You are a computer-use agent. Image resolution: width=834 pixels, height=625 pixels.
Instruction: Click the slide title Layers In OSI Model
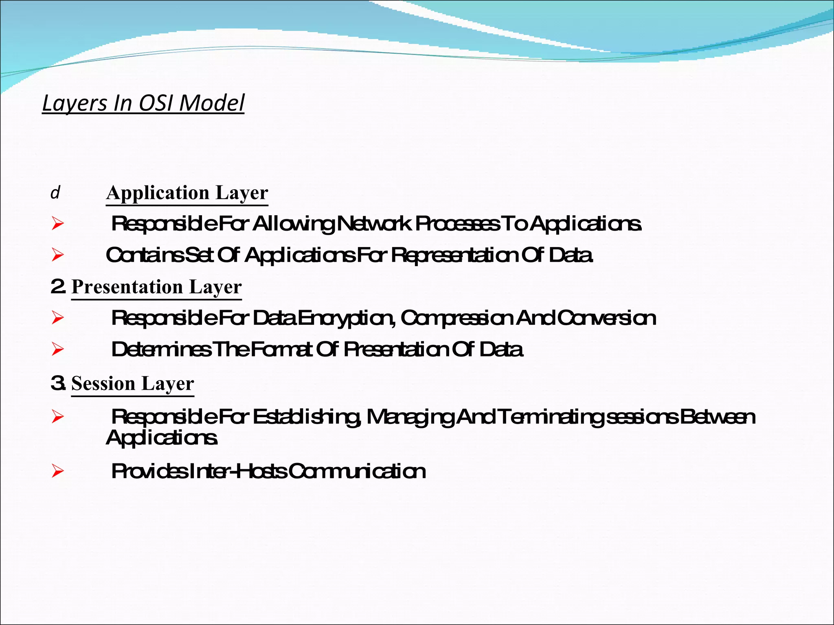point(143,103)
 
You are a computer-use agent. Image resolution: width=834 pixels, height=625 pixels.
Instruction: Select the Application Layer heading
point(187,193)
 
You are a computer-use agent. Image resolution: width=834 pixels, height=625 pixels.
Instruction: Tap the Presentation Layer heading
point(156,287)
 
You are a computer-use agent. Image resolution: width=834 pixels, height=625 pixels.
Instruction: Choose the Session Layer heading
point(132,383)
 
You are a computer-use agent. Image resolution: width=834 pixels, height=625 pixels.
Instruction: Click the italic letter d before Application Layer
point(55,192)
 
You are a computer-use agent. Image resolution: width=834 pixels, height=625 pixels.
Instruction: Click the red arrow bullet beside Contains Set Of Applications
point(58,255)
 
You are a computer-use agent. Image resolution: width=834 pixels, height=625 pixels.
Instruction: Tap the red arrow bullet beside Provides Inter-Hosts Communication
point(58,472)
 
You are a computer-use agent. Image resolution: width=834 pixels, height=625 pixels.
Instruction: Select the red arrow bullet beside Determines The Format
point(58,350)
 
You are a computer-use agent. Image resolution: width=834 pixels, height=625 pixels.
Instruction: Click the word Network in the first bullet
point(374,224)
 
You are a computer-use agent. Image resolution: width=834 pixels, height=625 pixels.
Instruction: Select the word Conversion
point(606,318)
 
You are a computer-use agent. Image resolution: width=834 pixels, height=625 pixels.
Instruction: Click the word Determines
point(161,350)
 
